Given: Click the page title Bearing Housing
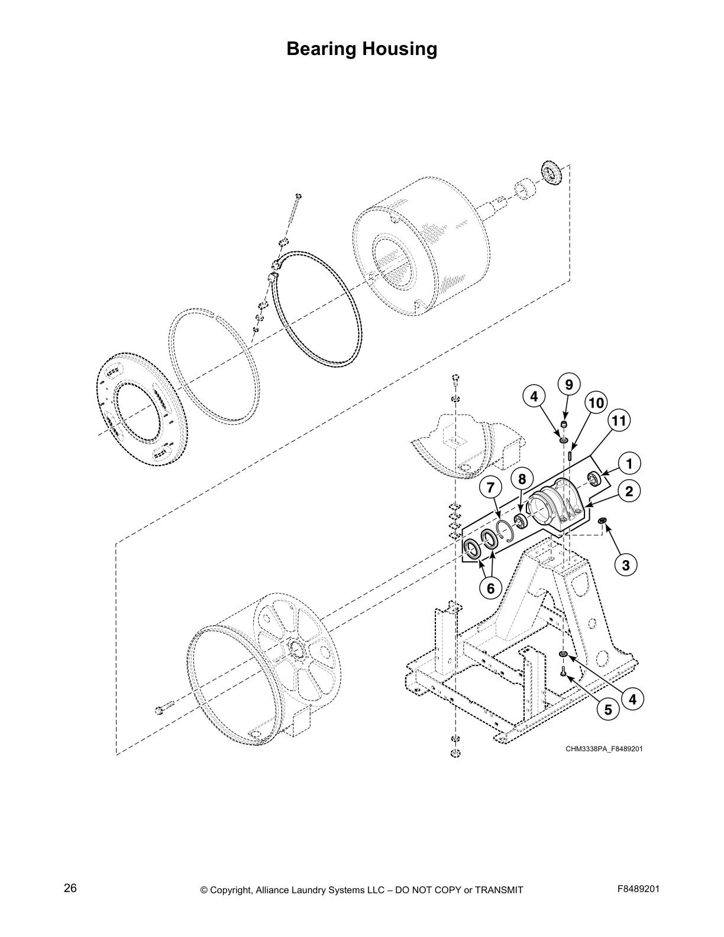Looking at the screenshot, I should click(x=361, y=49).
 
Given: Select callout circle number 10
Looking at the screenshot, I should click(x=596, y=403).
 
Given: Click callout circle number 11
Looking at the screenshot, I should click(x=619, y=421).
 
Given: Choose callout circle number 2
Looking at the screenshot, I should click(x=629, y=491).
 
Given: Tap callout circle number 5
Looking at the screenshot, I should click(x=608, y=709).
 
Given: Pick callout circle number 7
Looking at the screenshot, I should click(x=490, y=488).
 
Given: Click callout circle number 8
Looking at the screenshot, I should click(x=522, y=478).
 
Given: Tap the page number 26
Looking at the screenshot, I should click(x=70, y=888).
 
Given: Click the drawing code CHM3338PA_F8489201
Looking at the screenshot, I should click(x=604, y=749).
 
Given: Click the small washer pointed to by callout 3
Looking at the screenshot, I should click(x=602, y=521).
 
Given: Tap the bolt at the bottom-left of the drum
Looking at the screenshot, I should click(x=164, y=707).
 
